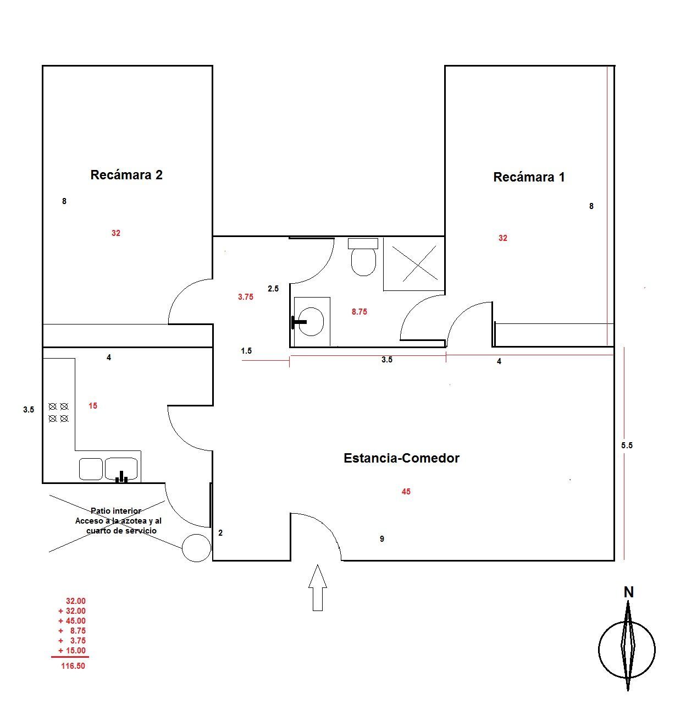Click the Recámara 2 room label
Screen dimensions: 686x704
(x=126, y=175)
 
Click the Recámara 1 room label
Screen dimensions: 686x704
(x=529, y=177)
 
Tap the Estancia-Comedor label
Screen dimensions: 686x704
(x=401, y=458)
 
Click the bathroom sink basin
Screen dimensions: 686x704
(x=312, y=321)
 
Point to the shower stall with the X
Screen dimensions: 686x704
(x=414, y=264)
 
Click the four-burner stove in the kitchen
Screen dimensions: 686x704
(x=58, y=412)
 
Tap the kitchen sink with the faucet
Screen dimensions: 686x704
(x=121, y=469)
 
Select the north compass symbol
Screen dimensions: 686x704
(x=627, y=649)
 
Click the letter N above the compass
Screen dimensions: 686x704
(x=629, y=592)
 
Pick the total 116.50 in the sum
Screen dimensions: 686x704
(x=73, y=666)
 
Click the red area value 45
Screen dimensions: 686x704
(x=406, y=492)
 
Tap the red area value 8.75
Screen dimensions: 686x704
(x=359, y=312)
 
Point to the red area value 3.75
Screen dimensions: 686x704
(x=245, y=297)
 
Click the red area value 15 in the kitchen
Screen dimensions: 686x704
(x=93, y=406)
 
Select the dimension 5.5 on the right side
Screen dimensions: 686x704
(x=627, y=446)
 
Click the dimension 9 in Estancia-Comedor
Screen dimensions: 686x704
(x=382, y=539)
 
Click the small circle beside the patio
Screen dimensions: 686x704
(x=196, y=548)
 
